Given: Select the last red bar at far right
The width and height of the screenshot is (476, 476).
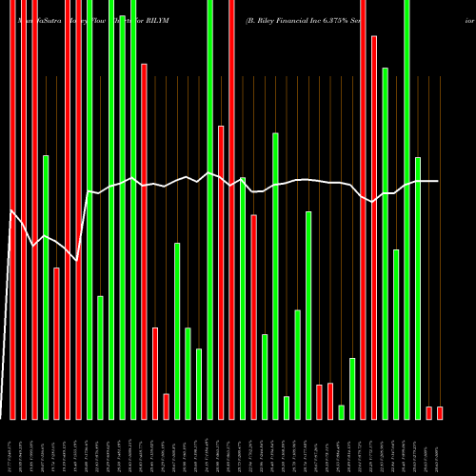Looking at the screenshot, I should (x=440, y=412).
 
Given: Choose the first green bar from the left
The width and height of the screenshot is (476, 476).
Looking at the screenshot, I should (x=45, y=286).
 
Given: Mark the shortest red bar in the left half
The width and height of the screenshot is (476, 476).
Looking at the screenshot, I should (x=166, y=407).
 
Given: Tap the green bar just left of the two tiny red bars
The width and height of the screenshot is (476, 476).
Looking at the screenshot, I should (x=418, y=288).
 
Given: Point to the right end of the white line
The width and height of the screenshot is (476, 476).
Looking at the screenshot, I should (x=439, y=181).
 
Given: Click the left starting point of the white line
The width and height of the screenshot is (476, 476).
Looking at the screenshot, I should (x=10, y=209).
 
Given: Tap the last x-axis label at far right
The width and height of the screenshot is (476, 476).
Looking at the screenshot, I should (x=440, y=447).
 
